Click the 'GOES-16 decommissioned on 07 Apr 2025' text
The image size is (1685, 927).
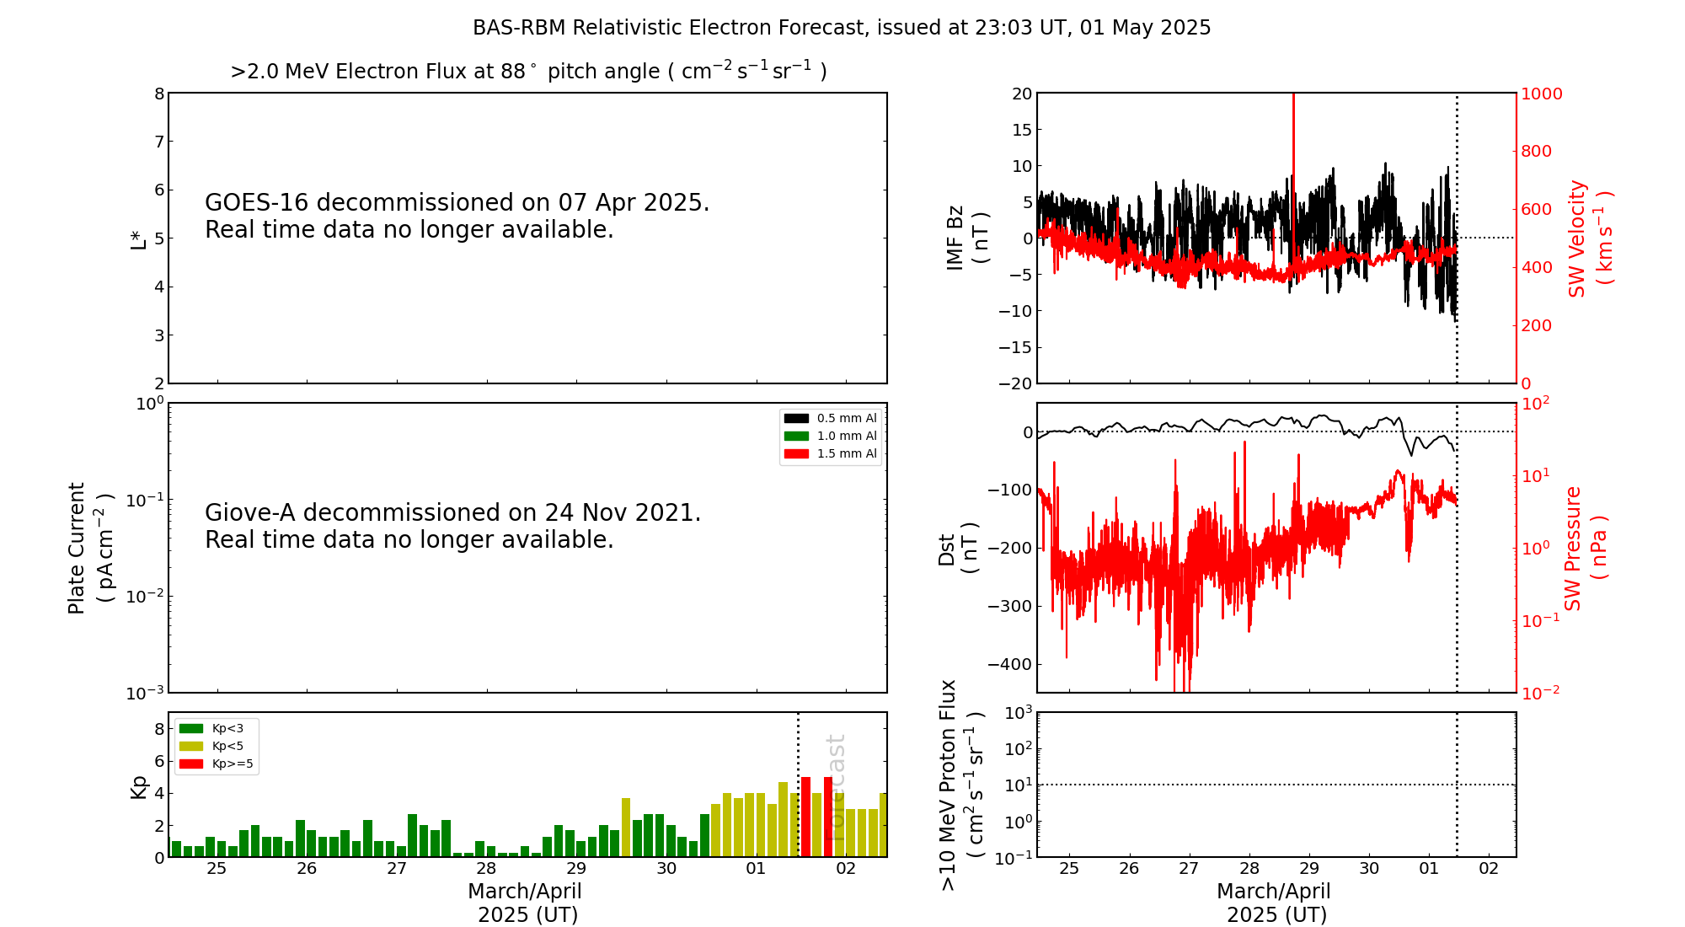pos(457,203)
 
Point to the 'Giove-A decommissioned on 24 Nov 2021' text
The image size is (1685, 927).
pos(452,513)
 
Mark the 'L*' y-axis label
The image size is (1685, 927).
pos(138,238)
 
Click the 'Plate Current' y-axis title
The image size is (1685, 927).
pos(77,548)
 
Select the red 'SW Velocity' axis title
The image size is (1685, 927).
pos(1577,238)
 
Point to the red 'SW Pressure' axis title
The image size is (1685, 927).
pos(1573,548)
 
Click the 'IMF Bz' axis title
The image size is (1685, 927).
pos(955,238)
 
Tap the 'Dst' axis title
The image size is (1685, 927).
pos(947,549)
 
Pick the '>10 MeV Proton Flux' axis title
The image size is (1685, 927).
pos(949,785)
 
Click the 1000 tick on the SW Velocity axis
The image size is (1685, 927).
pos(1541,94)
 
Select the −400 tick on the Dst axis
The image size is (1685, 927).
pos(1010,664)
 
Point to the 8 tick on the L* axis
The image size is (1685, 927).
pos(159,94)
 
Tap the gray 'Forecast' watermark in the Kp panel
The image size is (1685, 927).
pos(835,788)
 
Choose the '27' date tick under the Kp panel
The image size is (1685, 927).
pos(397,869)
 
